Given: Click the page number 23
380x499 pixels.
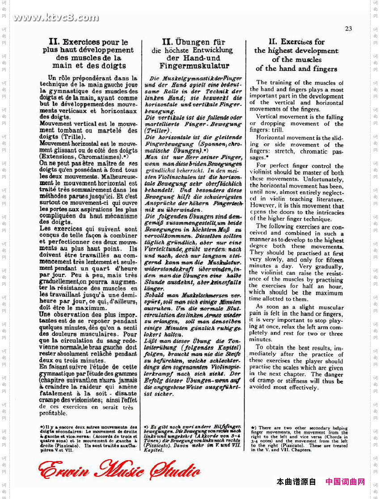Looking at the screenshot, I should [x=349, y=29].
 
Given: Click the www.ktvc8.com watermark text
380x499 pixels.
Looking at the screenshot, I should [x=56, y=18].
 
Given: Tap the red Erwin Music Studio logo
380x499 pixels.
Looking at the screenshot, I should [x=119, y=470].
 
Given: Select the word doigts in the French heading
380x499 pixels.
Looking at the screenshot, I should [x=114, y=66].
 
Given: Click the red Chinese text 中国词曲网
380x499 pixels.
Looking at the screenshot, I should [x=345, y=482].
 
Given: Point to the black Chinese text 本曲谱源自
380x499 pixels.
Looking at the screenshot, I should [x=296, y=482].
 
